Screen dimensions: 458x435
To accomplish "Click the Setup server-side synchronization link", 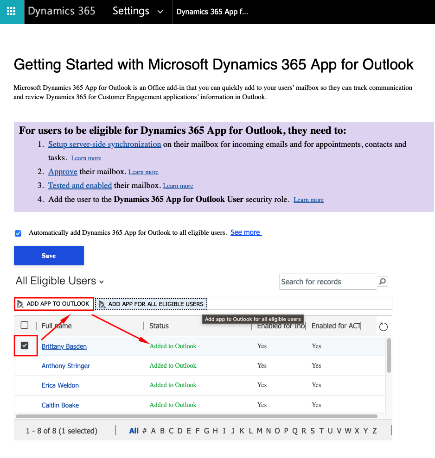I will pyautogui.click(x=104, y=144).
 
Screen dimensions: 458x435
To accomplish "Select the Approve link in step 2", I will pyautogui.click(x=63, y=172).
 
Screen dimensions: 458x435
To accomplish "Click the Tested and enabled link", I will pyautogui.click(x=80, y=185).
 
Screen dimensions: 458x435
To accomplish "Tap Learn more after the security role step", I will pyautogui.click(x=308, y=200).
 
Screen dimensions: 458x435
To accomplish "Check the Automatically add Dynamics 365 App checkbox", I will pyautogui.click(x=18, y=233).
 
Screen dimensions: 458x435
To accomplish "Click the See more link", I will pyautogui.click(x=245, y=232).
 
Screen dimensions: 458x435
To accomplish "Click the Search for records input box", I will pyautogui.click(x=327, y=282).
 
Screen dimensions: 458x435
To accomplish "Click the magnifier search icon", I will pyautogui.click(x=382, y=281).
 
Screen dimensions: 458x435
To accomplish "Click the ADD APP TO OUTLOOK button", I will pyautogui.click(x=54, y=304).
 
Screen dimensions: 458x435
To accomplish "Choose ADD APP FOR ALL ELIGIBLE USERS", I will pyautogui.click(x=152, y=304).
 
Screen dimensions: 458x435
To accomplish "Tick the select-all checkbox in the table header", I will pyautogui.click(x=25, y=326).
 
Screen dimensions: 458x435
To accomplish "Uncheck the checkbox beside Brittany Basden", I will pyautogui.click(x=25, y=346).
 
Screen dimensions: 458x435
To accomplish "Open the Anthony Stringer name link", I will pyautogui.click(x=66, y=366).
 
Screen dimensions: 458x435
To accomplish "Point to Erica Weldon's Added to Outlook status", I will pyautogui.click(x=173, y=385).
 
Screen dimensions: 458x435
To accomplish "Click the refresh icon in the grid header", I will pyautogui.click(x=383, y=327).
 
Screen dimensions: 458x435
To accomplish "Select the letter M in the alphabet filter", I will pyautogui.click(x=259, y=431).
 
